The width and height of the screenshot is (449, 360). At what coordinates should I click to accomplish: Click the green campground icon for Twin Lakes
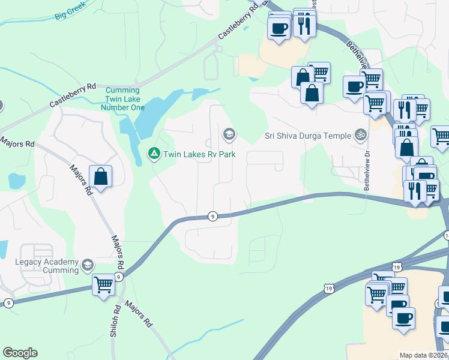point(154,154)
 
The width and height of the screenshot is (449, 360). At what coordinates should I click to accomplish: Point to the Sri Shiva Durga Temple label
point(308,135)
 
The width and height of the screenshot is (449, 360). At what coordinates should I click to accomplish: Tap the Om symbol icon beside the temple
point(360,134)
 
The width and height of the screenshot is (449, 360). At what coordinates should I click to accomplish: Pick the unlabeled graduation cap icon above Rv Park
point(228,134)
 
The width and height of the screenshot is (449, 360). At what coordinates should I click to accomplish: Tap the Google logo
point(20,353)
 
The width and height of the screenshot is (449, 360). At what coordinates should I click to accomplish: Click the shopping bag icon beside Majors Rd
point(100,177)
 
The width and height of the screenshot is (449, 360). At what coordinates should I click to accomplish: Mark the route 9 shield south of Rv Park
point(212,215)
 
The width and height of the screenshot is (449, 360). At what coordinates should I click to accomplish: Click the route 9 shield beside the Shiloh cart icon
point(119,277)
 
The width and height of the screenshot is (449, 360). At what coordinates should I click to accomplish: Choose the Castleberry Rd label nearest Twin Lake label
point(73,95)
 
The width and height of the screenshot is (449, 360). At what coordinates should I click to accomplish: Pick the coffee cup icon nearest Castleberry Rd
point(279,28)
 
